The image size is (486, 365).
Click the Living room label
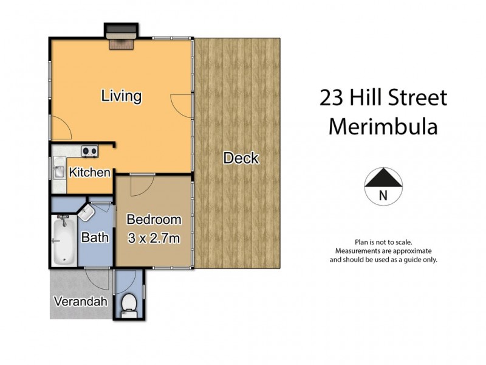click(122, 96)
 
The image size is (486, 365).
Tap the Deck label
click(241, 159)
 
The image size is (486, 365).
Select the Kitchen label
click(89, 173)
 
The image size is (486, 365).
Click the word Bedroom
click(153, 220)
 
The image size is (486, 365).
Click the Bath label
click(95, 237)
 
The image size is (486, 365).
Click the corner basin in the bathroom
click(86, 212)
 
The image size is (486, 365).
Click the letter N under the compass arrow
click(383, 195)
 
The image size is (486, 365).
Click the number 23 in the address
click(332, 98)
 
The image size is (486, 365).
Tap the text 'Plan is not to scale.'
click(383, 242)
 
